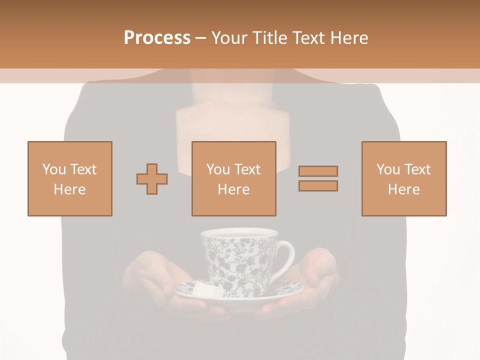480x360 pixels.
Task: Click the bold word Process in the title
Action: (157, 38)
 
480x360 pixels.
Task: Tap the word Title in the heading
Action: (269, 38)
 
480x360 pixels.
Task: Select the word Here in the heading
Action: (348, 38)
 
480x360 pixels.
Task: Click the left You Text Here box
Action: (70, 178)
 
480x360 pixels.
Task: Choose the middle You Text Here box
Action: (233, 178)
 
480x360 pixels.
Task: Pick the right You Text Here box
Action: (404, 178)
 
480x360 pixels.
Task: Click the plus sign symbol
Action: (152, 179)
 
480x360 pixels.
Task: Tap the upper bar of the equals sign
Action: (318, 171)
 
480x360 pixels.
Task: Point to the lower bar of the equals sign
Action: (318, 185)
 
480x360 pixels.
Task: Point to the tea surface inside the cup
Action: (238, 233)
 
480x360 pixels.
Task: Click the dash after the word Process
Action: (200, 38)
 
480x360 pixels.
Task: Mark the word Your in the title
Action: (230, 38)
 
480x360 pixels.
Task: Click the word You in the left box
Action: (53, 169)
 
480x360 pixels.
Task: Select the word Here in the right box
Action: (404, 189)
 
